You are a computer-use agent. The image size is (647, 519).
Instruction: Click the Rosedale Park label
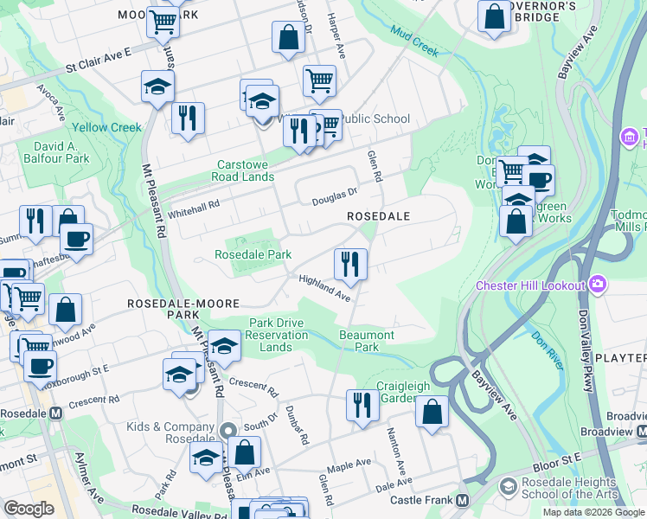coord(253,254)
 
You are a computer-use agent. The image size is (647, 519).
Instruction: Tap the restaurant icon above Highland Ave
coord(350,264)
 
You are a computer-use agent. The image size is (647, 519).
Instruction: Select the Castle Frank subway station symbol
coord(462,501)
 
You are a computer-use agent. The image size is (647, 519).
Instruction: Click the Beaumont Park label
coord(367,341)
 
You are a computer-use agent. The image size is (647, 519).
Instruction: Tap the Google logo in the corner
coord(29,509)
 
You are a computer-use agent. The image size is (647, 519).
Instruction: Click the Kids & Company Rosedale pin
coord(227,430)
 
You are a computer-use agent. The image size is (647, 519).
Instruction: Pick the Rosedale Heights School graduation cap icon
coord(509,488)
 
